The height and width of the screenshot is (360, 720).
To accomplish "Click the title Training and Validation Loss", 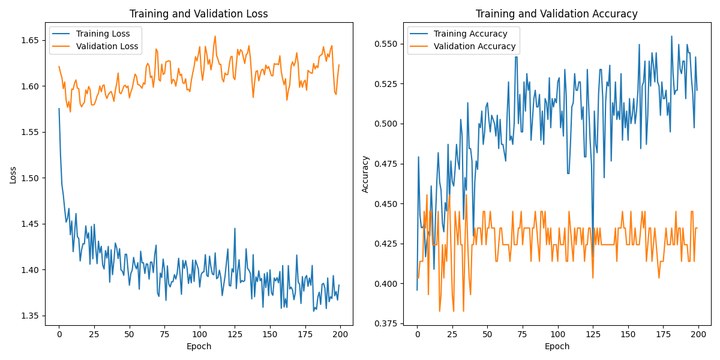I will (x=199, y=14).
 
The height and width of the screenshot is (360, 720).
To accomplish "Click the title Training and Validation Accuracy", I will (x=557, y=14).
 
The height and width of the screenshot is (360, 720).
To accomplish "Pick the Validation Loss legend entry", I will (x=107, y=46).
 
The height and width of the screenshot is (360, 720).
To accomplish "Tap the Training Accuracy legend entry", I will (x=470, y=34).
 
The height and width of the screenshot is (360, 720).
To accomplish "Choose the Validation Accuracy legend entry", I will (x=474, y=46).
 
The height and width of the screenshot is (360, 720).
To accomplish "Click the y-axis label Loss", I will (x=13, y=175).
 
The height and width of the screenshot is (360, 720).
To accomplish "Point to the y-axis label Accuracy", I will (x=365, y=174).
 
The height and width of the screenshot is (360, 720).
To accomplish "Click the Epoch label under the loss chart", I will (x=199, y=346).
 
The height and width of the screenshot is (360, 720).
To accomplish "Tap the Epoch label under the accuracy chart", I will (x=557, y=346).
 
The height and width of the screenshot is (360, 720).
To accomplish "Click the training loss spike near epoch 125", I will (x=235, y=228).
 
